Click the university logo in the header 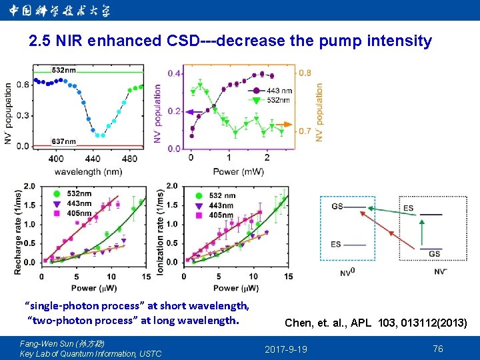pyautogui.click(x=61, y=10)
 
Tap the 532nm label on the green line pyautogui.click(x=63, y=69)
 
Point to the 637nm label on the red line pyautogui.click(x=64, y=141)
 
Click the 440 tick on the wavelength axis pyautogui.click(x=93, y=159)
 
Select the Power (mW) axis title pyautogui.click(x=238, y=171)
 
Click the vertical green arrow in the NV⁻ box pyautogui.click(x=421, y=233)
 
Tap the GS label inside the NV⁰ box pyautogui.click(x=337, y=207)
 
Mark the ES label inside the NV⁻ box pyautogui.click(x=408, y=209)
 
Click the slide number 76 pyautogui.click(x=438, y=349)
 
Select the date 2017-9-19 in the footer pyautogui.click(x=286, y=349)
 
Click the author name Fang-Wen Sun pyautogui.click(x=47, y=343)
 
